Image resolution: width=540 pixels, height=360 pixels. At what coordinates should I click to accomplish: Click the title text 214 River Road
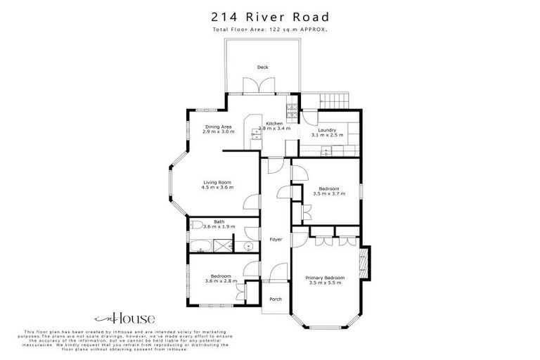click(269, 16)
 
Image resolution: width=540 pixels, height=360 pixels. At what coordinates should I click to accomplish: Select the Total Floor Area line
click(269, 30)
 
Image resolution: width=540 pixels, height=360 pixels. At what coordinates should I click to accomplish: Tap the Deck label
click(262, 67)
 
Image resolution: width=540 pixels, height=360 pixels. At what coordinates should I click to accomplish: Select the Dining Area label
click(218, 127)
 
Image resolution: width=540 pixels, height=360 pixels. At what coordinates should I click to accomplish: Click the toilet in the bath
click(193, 226)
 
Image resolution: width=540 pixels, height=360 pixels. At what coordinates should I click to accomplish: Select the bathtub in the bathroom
click(201, 246)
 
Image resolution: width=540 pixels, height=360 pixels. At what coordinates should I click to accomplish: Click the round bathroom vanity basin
click(248, 246)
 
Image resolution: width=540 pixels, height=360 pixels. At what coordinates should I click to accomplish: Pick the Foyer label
click(276, 240)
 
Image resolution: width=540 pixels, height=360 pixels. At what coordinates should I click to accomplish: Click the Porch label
click(276, 299)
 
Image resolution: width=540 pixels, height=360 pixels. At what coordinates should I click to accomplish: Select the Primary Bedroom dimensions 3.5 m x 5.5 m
click(324, 283)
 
